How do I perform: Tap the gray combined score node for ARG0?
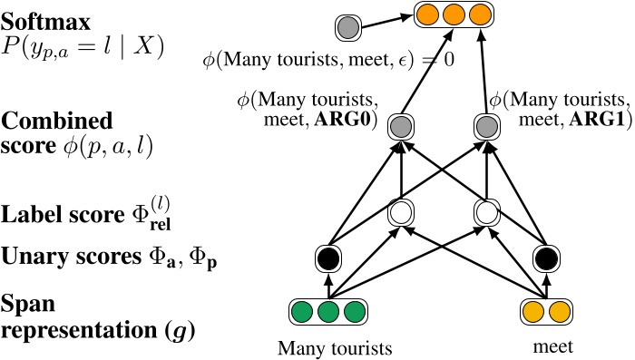tap(401, 126)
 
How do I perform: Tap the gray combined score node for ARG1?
tap(487, 126)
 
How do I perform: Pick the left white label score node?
tap(401, 213)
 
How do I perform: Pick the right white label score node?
tap(487, 213)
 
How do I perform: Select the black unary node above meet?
tap(544, 258)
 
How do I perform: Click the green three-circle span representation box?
tap(327, 314)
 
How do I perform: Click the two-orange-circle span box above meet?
tap(544, 314)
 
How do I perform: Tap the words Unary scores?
tap(60, 258)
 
